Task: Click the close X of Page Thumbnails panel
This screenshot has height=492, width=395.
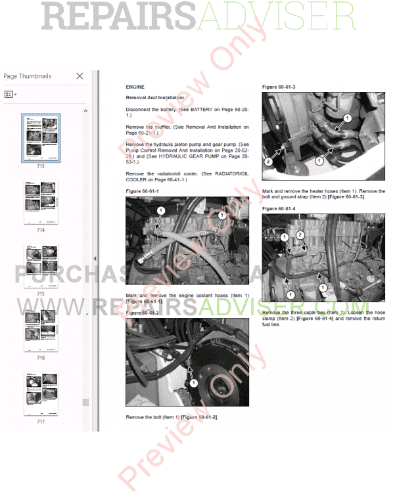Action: pos(80,76)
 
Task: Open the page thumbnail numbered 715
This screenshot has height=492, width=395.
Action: pos(41,267)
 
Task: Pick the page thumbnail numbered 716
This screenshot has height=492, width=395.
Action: pos(41,330)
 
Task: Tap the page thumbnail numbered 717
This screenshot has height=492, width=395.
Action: pos(41,394)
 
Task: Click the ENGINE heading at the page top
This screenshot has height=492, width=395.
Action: pos(135,87)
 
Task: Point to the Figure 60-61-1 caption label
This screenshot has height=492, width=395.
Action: pos(142,190)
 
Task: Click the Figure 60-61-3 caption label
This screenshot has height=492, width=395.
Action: pos(279,87)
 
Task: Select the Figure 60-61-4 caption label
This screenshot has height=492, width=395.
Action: pos(279,208)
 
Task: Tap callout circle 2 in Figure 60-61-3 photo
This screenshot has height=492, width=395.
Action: pos(267,162)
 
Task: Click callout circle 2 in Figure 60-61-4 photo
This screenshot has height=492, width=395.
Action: pos(299,235)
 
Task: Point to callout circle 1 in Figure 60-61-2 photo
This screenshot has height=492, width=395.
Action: pos(193,383)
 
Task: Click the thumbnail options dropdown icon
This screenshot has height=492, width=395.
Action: pos(11,95)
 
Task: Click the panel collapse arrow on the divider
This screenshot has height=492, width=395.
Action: pos(95,259)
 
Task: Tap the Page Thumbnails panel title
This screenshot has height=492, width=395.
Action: pos(27,76)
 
